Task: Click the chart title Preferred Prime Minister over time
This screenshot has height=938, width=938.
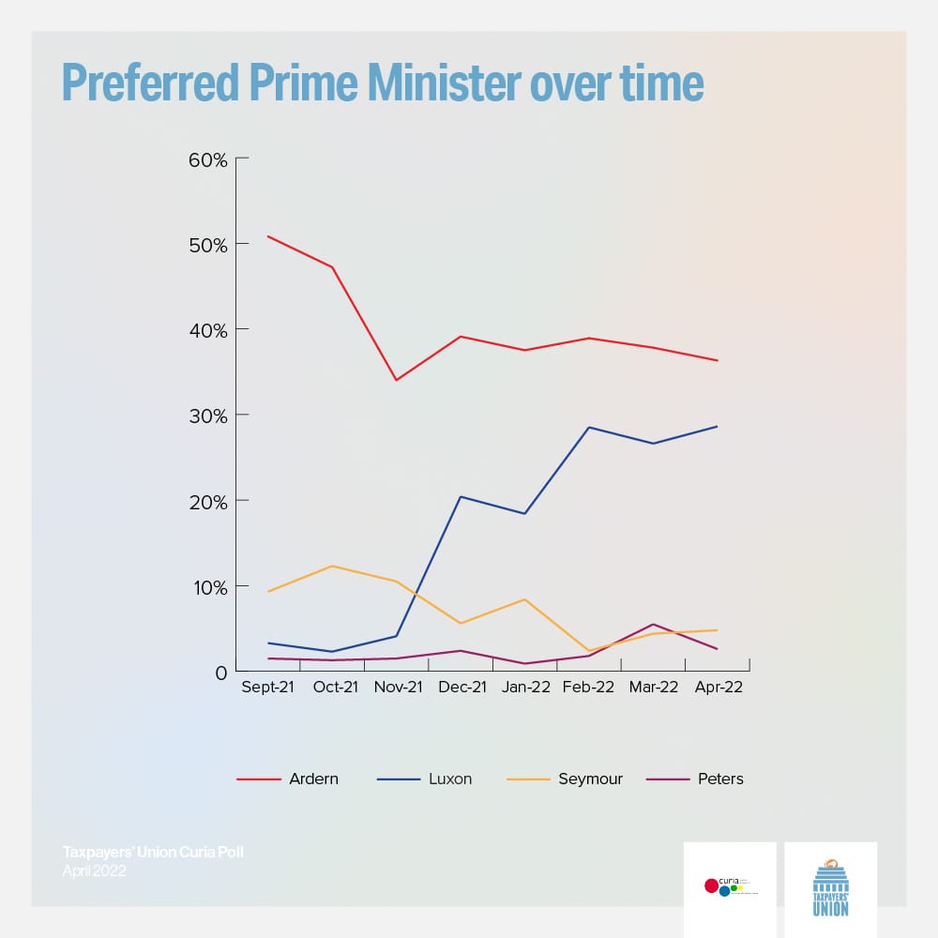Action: (x=382, y=83)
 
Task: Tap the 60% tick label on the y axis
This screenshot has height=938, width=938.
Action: (x=208, y=159)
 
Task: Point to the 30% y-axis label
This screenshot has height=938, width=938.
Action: (x=208, y=416)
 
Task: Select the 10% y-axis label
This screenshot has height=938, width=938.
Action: (x=208, y=587)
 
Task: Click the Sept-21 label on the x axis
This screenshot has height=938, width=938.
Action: (x=268, y=688)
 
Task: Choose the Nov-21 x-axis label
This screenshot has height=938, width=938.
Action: (x=397, y=688)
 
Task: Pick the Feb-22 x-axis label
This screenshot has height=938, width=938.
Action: (x=589, y=688)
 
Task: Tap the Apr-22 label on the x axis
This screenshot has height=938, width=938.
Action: (x=718, y=688)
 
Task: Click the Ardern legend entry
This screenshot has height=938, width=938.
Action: (x=314, y=779)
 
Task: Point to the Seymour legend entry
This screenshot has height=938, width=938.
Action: (x=592, y=779)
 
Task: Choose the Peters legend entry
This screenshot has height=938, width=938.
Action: (x=720, y=779)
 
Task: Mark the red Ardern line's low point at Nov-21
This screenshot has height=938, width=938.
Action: (x=397, y=380)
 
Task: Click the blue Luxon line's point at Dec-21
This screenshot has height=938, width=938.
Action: (x=461, y=496)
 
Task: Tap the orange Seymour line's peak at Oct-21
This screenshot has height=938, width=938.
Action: (x=332, y=566)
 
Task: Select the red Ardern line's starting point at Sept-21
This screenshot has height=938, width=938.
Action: (x=268, y=236)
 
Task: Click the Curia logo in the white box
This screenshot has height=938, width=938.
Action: (x=730, y=885)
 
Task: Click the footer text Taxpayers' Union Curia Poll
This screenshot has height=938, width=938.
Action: (x=153, y=853)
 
